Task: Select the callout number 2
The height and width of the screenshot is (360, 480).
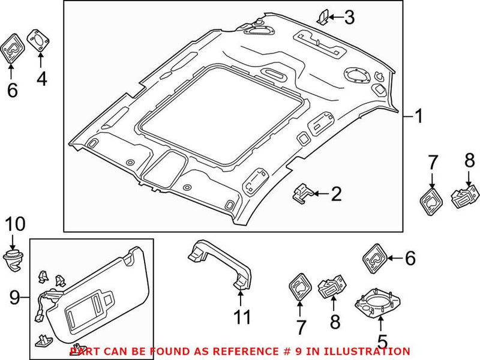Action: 336,193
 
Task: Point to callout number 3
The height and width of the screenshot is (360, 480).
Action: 349,18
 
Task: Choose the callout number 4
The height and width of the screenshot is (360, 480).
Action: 41,79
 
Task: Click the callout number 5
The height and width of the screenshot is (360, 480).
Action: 380,341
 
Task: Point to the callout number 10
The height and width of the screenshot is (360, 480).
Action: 14,225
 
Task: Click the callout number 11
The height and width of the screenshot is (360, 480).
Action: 242,318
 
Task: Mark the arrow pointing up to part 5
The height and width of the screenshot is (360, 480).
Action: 380,325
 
